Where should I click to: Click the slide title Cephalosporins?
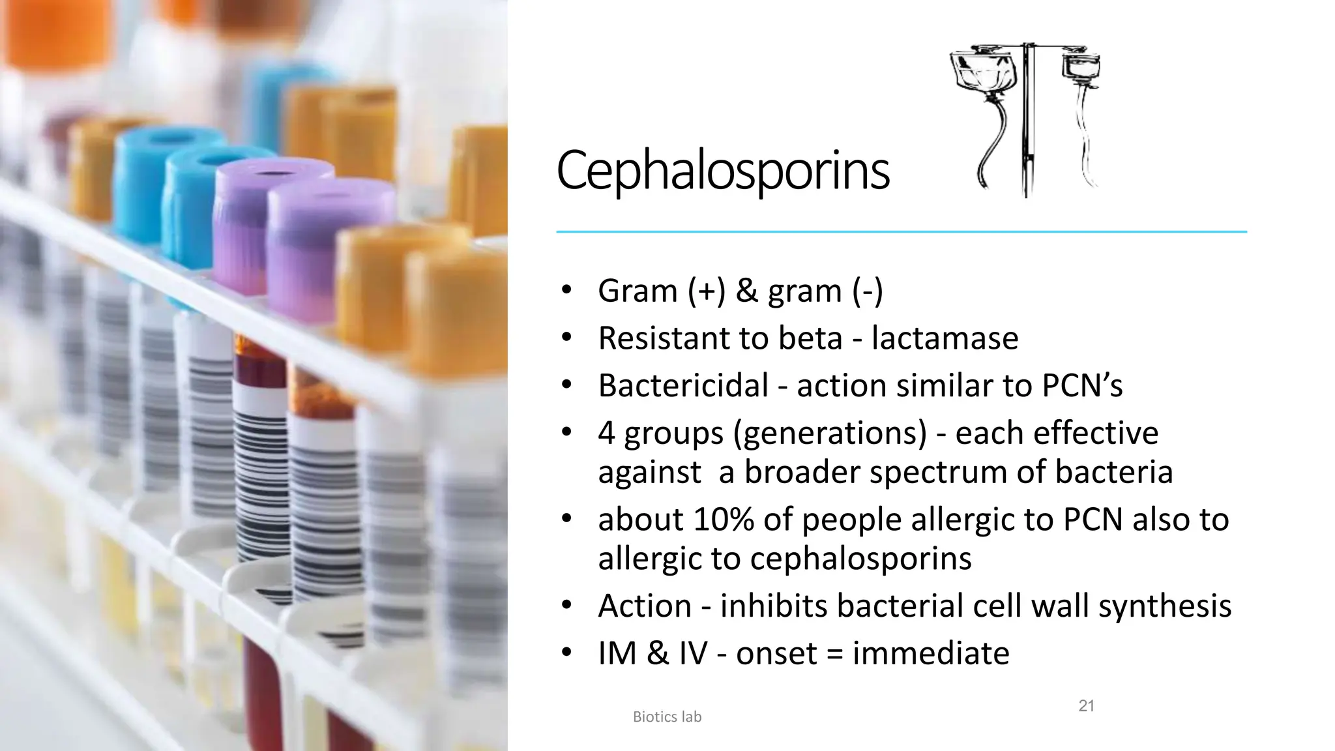tap(722, 171)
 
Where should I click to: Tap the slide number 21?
tap(1086, 705)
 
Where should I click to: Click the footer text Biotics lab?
tap(667, 717)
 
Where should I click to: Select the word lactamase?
tap(945, 338)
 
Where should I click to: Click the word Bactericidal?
tap(683, 385)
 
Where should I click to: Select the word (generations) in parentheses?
tap(830, 434)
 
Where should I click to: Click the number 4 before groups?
tap(606, 434)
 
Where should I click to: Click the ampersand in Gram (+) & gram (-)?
tap(746, 291)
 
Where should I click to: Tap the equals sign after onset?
tap(834, 654)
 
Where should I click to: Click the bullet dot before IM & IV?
tap(566, 652)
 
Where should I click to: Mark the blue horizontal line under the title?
tap(901, 231)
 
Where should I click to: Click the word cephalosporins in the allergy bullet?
tap(860, 559)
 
